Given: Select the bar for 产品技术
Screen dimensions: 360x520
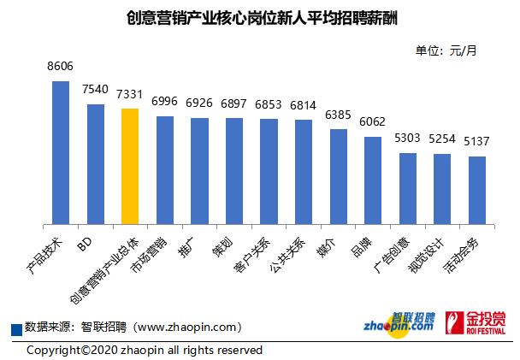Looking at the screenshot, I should pos(61,154).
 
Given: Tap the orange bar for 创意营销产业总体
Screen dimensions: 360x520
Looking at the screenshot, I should pos(130,168).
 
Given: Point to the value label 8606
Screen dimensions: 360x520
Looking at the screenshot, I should pos(61,67).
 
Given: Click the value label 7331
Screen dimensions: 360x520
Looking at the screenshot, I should pos(130,94).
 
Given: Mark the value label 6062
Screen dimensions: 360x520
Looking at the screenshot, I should pos(373,122).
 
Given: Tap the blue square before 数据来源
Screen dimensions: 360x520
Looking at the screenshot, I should pos(16,328).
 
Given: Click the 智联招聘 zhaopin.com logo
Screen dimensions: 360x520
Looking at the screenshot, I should pos(399,323).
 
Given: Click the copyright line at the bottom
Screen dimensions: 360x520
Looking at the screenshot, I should pos(144,350).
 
